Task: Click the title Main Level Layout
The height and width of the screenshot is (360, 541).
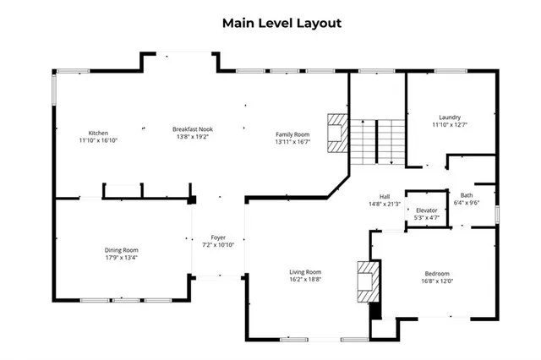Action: [x=281, y=23]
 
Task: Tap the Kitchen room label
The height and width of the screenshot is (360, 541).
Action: [x=99, y=133]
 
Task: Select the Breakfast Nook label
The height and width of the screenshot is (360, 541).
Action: [x=193, y=128]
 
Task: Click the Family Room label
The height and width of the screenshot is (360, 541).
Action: [x=292, y=134]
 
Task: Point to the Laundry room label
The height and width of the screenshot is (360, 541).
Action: [x=449, y=117]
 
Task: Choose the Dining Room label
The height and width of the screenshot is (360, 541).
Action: [x=121, y=249]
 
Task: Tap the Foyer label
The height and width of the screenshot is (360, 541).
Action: [x=218, y=237]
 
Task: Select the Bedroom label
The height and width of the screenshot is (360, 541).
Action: [x=437, y=273]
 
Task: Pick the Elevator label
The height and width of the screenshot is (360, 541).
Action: [x=426, y=210]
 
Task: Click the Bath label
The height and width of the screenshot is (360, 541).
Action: [x=467, y=195]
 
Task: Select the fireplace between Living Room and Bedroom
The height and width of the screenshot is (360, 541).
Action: [x=368, y=281]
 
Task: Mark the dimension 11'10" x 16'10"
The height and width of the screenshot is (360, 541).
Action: [x=99, y=140]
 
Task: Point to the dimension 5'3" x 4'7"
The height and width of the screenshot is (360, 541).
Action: [x=426, y=217]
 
